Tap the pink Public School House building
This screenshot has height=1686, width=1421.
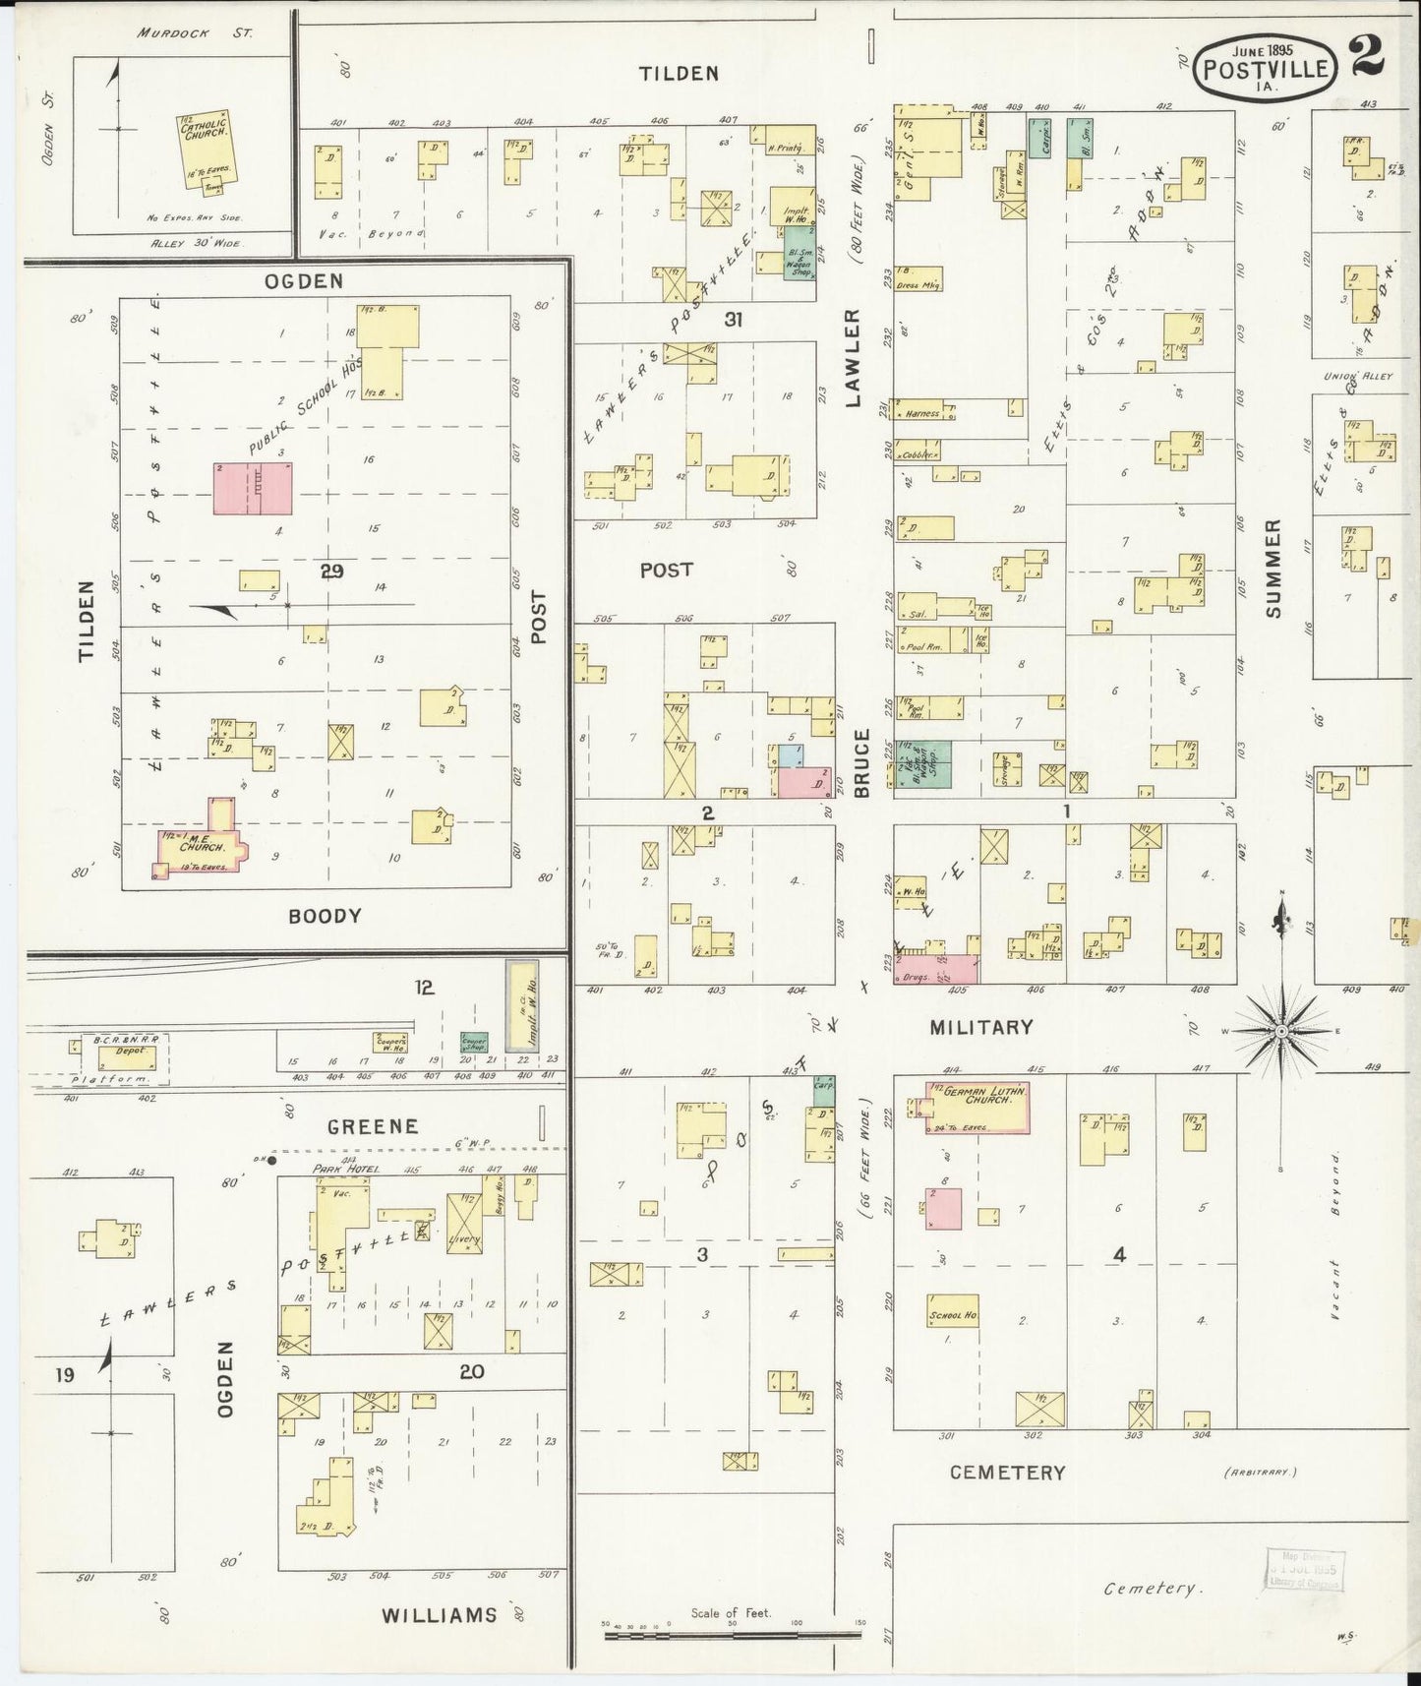point(253,489)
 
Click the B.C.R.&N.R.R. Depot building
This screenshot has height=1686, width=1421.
point(127,1056)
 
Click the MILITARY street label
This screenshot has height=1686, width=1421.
point(980,1027)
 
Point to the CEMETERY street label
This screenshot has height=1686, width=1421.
point(1007,1473)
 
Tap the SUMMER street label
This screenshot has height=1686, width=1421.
point(1274,569)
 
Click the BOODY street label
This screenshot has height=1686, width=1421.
point(326,916)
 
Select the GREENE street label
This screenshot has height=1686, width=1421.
point(373,1126)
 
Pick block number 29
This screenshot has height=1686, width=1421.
point(331,571)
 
